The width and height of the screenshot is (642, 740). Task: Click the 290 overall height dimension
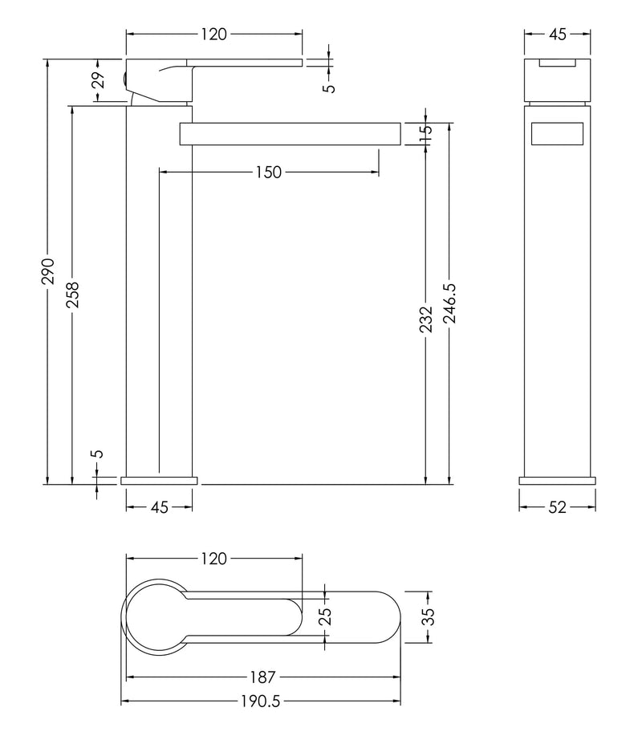coord(48,271)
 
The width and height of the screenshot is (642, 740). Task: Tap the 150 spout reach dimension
coord(268,172)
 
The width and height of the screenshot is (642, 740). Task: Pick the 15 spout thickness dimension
coord(426,132)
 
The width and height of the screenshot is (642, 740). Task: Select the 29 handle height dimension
coord(98,80)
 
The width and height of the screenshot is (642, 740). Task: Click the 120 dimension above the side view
coord(213,34)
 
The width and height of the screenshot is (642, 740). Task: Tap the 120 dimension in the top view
coord(213,559)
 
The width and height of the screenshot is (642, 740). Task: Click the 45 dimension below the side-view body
coord(159,507)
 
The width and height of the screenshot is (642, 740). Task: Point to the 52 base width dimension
coord(557,507)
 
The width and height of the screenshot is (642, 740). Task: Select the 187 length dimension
coord(262,676)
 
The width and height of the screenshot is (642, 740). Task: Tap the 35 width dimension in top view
coord(429,616)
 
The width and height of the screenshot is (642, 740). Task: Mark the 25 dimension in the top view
coord(325,616)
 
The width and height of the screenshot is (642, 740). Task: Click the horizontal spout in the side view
coord(289,134)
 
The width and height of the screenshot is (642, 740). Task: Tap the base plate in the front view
coord(557,481)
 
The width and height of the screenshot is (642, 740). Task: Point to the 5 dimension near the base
coord(98,453)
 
